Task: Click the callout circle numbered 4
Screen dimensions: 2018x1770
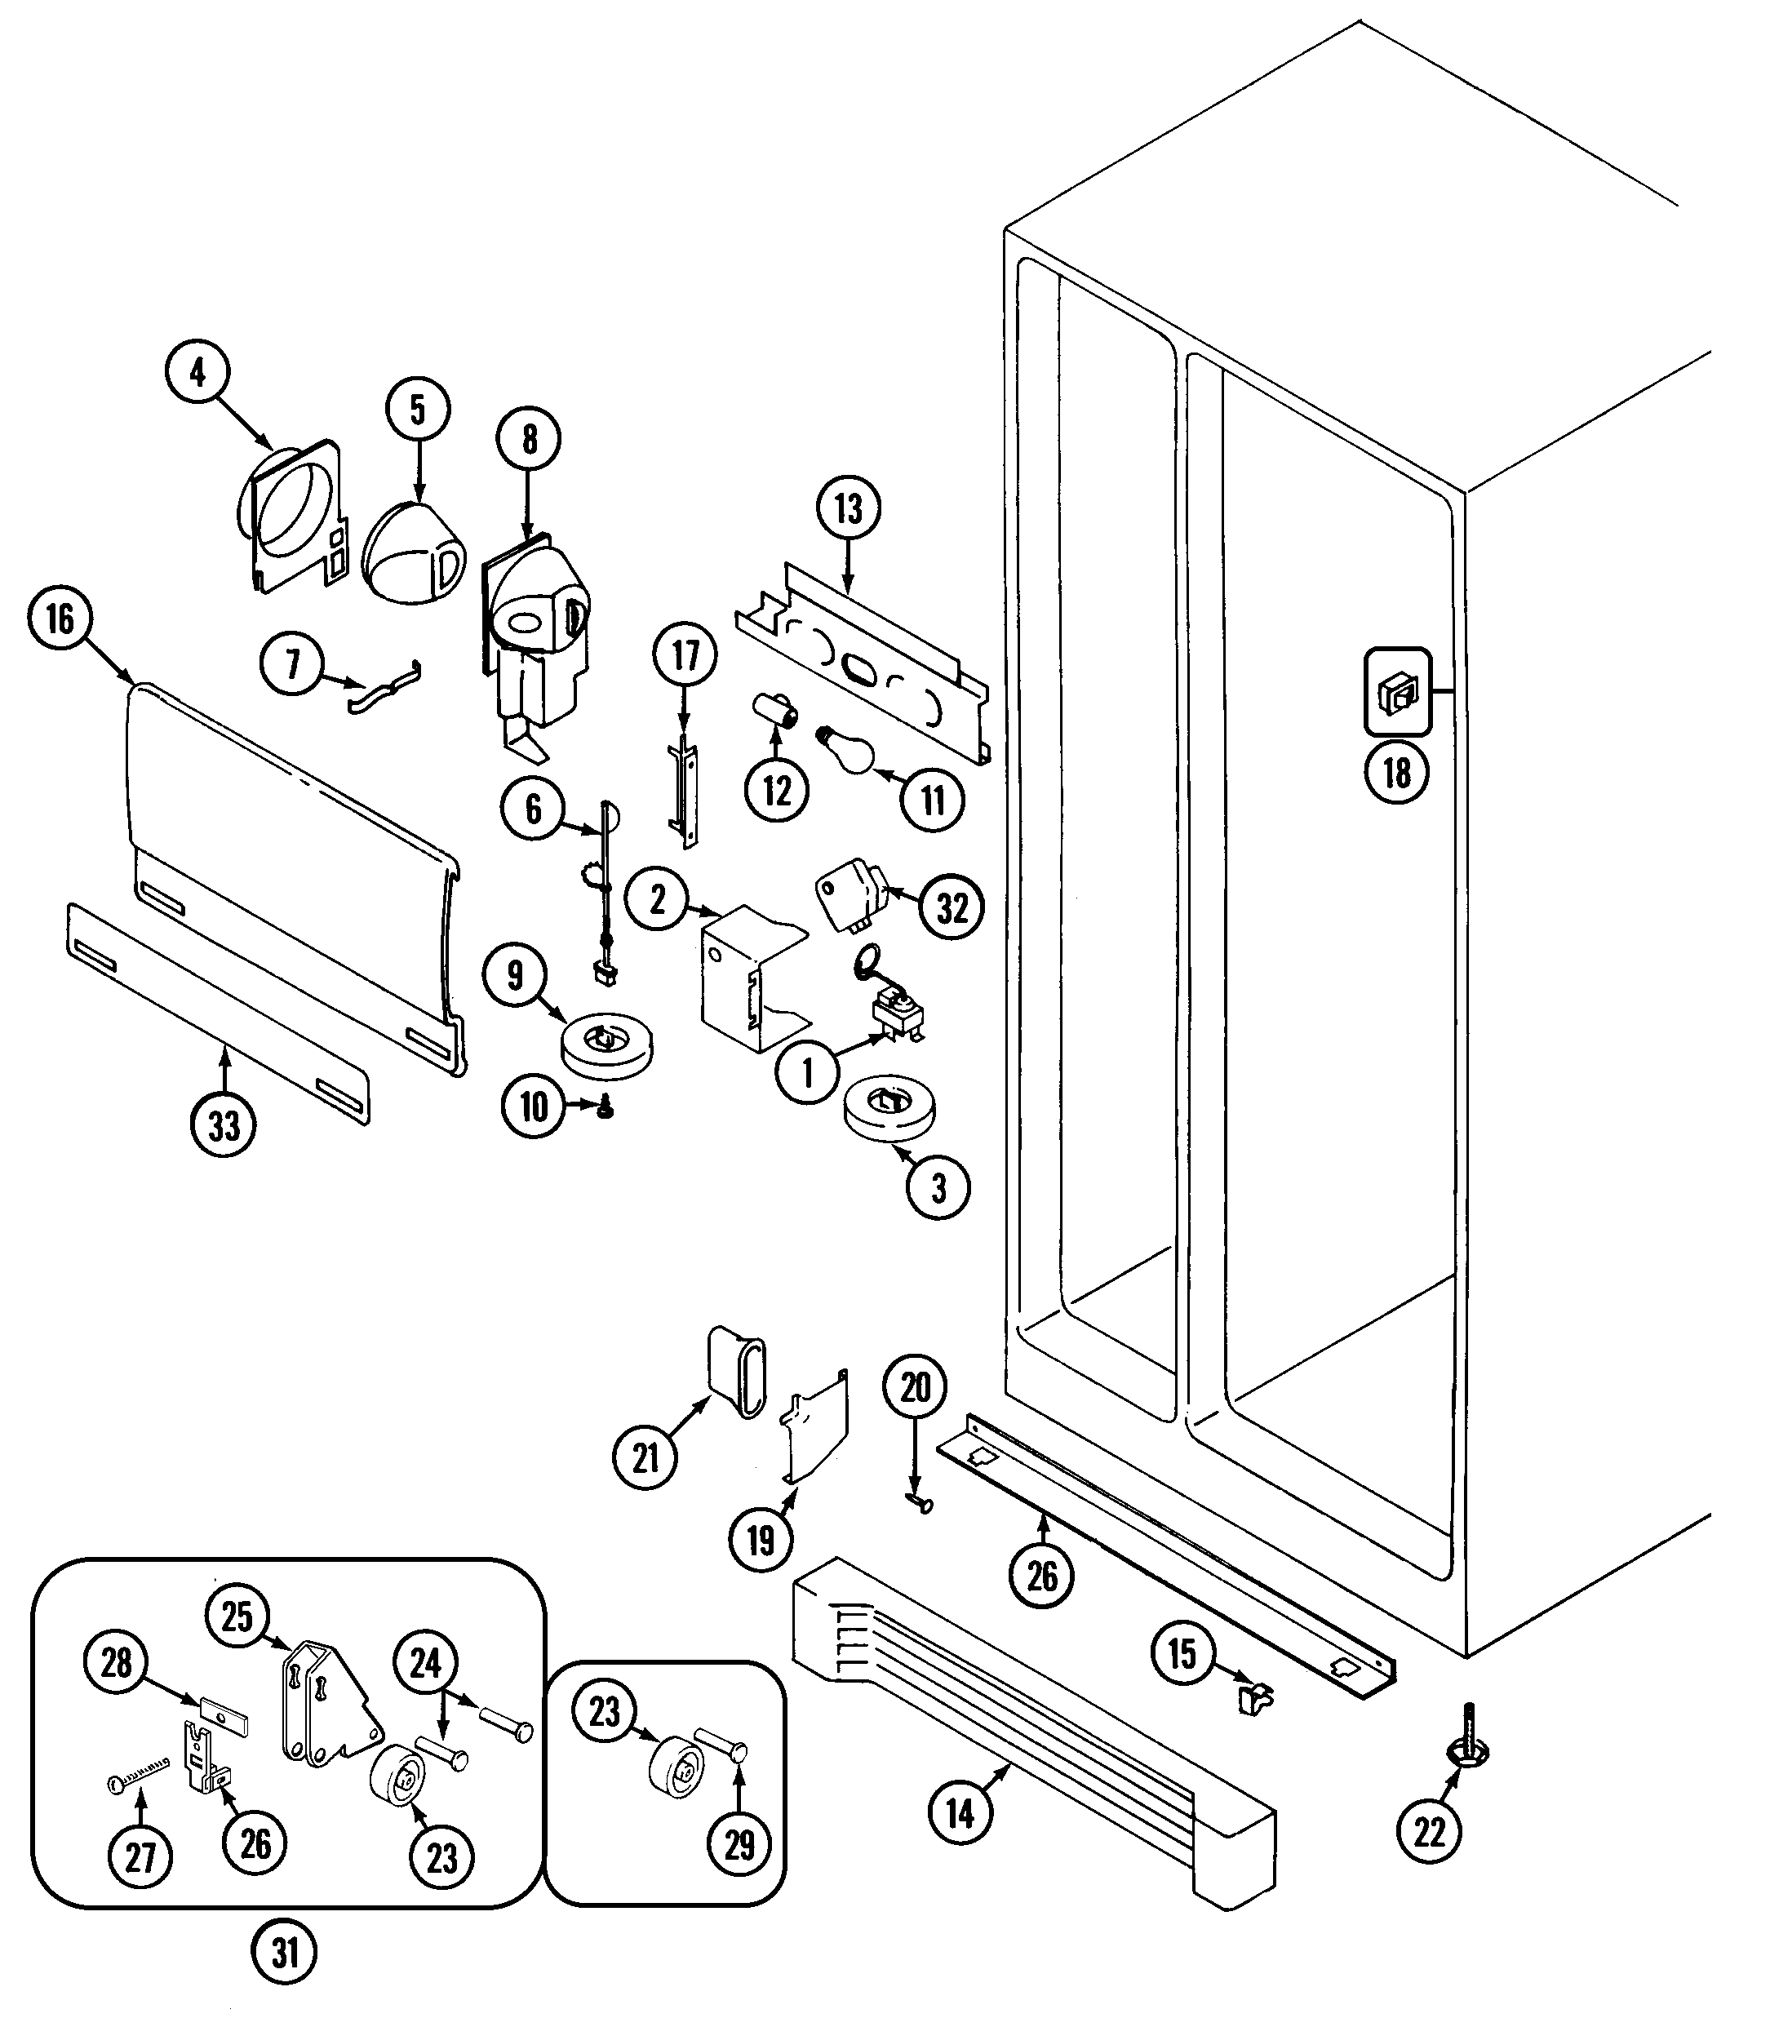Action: coord(197,373)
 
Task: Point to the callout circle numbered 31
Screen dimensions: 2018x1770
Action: coord(284,1952)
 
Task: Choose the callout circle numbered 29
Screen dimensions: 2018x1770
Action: coord(739,1843)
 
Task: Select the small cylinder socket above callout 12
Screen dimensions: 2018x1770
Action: coord(776,711)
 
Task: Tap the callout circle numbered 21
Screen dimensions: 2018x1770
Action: coord(645,1457)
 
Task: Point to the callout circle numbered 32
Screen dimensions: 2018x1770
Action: coord(952,907)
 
